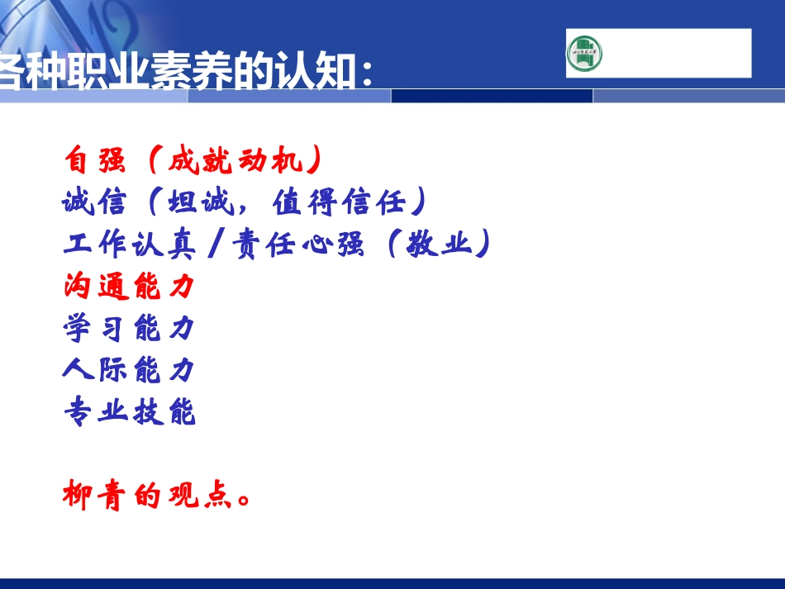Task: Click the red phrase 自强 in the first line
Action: pyautogui.click(x=95, y=160)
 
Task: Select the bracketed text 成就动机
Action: pyautogui.click(x=233, y=160)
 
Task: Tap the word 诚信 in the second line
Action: pyautogui.click(x=95, y=202)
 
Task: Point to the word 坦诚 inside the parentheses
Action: pyautogui.click(x=198, y=202)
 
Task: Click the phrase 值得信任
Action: pyautogui.click(x=337, y=202)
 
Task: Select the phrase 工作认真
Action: pyautogui.click(x=129, y=244)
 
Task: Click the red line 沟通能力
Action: pyautogui.click(x=129, y=286)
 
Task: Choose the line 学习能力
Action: pyautogui.click(x=129, y=328)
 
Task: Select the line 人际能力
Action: pyautogui.click(x=129, y=369)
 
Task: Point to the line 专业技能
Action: pyautogui.click(x=129, y=411)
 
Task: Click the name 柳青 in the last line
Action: pyautogui.click(x=95, y=496)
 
